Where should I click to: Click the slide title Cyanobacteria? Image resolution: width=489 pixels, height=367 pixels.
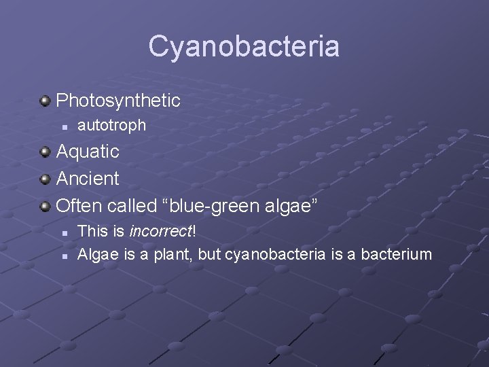point(244,47)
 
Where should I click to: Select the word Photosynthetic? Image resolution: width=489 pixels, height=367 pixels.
point(118,101)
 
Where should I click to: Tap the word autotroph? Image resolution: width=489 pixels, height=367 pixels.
point(112,125)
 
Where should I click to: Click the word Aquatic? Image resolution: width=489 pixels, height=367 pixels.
point(88,151)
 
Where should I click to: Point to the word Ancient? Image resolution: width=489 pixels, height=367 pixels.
point(88,179)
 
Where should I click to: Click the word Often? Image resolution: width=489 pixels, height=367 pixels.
point(77,205)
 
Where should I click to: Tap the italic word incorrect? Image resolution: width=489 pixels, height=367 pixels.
point(160,231)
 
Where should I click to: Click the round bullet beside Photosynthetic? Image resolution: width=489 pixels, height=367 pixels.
point(45,102)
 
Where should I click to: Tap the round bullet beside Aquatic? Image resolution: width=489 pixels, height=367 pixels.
point(45,152)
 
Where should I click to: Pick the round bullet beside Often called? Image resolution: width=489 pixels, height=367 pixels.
point(45,206)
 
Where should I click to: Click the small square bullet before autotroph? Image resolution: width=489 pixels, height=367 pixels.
point(63,126)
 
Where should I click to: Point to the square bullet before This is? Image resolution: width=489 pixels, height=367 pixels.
point(63,232)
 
